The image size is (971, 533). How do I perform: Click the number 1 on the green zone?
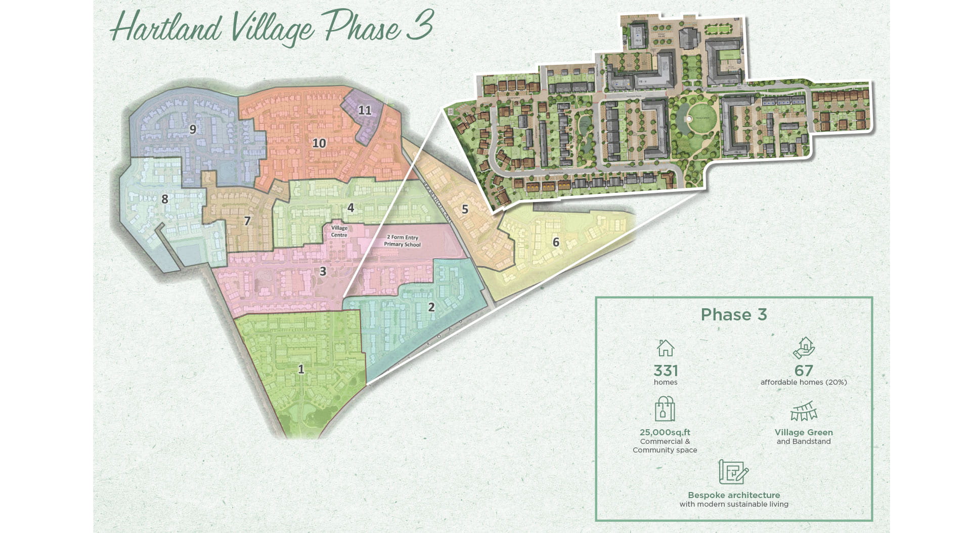click(301, 369)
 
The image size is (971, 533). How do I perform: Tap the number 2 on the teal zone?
click(431, 307)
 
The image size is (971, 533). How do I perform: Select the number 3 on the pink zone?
click(323, 271)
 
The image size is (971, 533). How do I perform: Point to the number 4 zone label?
click(350, 208)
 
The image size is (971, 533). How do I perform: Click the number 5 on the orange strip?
click(465, 209)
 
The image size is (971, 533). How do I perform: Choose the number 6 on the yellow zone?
click(556, 242)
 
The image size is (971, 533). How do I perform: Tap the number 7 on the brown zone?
click(247, 221)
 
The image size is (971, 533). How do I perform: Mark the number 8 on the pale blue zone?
click(164, 199)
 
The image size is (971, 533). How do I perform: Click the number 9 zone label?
click(193, 130)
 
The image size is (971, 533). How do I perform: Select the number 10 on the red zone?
click(319, 143)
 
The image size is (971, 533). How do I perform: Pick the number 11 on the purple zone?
click(365, 110)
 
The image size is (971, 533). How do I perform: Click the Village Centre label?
click(339, 231)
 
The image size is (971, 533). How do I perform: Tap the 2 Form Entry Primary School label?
click(402, 240)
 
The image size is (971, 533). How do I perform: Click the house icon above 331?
click(665, 348)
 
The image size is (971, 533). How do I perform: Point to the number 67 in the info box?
click(804, 371)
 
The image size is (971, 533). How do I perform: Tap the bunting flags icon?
click(804, 412)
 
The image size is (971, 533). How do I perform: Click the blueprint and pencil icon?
click(733, 472)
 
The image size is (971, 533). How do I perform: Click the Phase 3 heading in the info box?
click(734, 314)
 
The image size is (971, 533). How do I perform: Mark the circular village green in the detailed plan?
click(697, 118)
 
